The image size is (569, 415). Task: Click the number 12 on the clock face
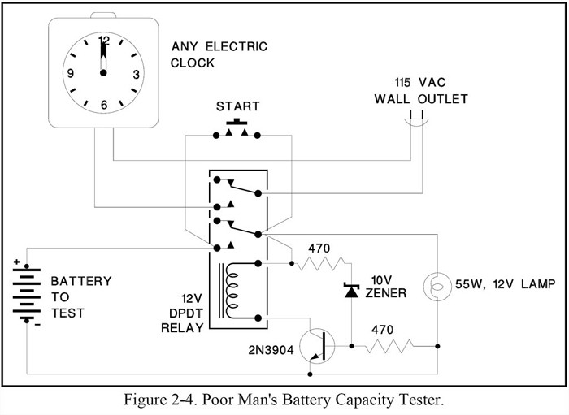(x=103, y=39)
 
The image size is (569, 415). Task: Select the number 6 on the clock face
(x=103, y=105)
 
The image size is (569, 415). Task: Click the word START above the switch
(x=237, y=106)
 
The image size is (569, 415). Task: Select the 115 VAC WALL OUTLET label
(x=420, y=92)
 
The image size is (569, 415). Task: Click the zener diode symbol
(x=352, y=291)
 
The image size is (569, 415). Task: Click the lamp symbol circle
(x=437, y=286)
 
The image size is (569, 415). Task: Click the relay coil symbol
(x=235, y=289)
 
